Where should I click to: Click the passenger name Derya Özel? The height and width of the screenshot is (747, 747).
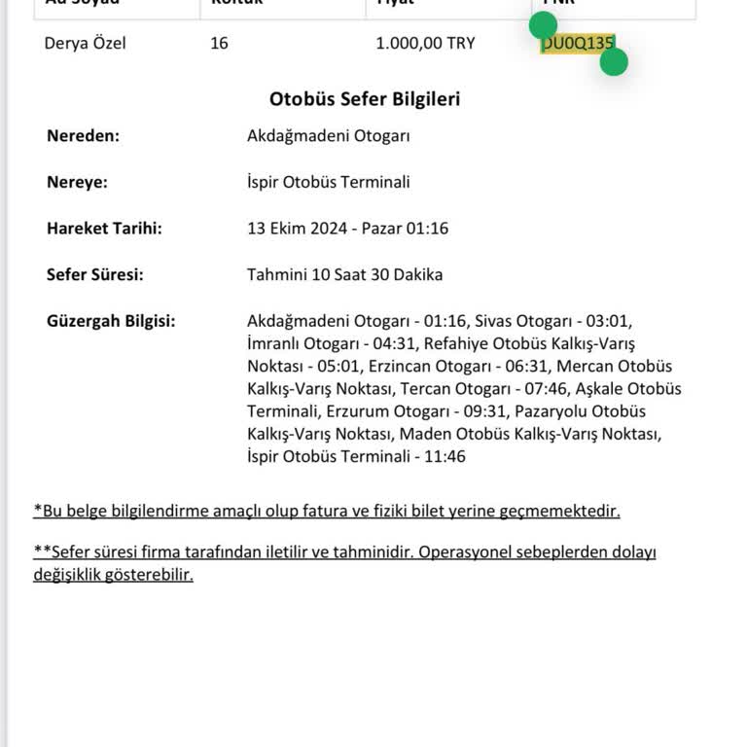(85, 44)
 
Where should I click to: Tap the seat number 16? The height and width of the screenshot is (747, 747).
(219, 44)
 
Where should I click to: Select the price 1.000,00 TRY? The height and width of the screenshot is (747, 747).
(425, 44)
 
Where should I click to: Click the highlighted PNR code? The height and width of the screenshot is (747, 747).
(578, 44)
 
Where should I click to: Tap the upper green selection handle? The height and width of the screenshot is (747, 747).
(543, 24)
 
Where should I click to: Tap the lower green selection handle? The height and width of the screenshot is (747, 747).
(614, 62)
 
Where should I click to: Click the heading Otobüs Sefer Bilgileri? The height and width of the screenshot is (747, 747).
(365, 99)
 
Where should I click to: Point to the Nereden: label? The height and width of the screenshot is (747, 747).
(83, 136)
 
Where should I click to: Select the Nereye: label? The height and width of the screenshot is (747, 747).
(77, 182)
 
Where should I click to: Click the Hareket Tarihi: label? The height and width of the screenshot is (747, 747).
(104, 229)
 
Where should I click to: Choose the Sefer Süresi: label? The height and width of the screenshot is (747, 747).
(94, 274)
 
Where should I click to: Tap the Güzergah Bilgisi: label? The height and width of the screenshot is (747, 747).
(111, 321)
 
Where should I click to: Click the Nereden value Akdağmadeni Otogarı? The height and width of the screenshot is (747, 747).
(328, 136)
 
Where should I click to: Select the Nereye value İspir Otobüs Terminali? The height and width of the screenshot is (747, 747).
(328, 182)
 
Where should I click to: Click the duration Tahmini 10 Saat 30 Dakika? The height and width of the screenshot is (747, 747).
(344, 274)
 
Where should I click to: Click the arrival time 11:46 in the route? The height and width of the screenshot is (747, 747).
(445, 456)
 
